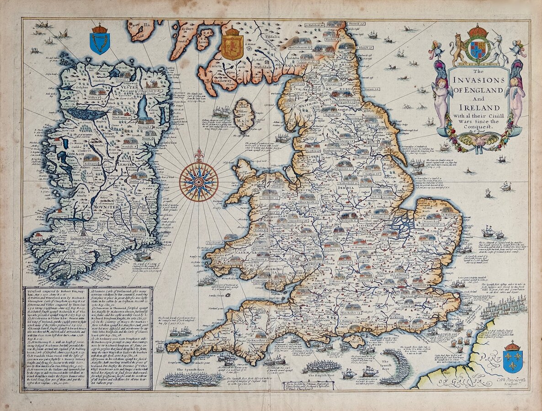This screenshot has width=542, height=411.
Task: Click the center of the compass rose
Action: [198, 182]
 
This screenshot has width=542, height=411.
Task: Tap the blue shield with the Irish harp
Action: [99, 41]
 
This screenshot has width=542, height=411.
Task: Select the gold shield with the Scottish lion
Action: [232, 46]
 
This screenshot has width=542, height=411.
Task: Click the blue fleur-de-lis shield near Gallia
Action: [512, 359]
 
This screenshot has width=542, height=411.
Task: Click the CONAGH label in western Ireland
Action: [73, 153]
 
